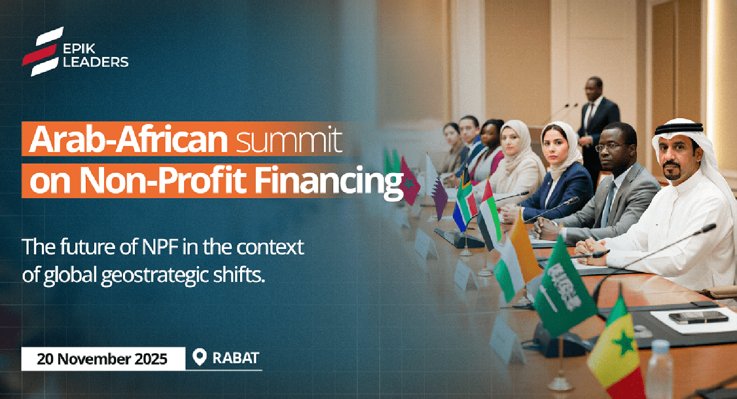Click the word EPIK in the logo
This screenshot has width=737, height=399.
pos(79,49)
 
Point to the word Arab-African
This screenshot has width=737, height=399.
pos(128,139)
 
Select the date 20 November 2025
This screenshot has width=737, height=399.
pos(102,359)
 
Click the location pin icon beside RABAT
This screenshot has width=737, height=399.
pos(199,357)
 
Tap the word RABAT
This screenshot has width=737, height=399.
pos(236,358)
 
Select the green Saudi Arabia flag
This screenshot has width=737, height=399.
pos(563,290)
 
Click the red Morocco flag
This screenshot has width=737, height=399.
pos(410,182)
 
